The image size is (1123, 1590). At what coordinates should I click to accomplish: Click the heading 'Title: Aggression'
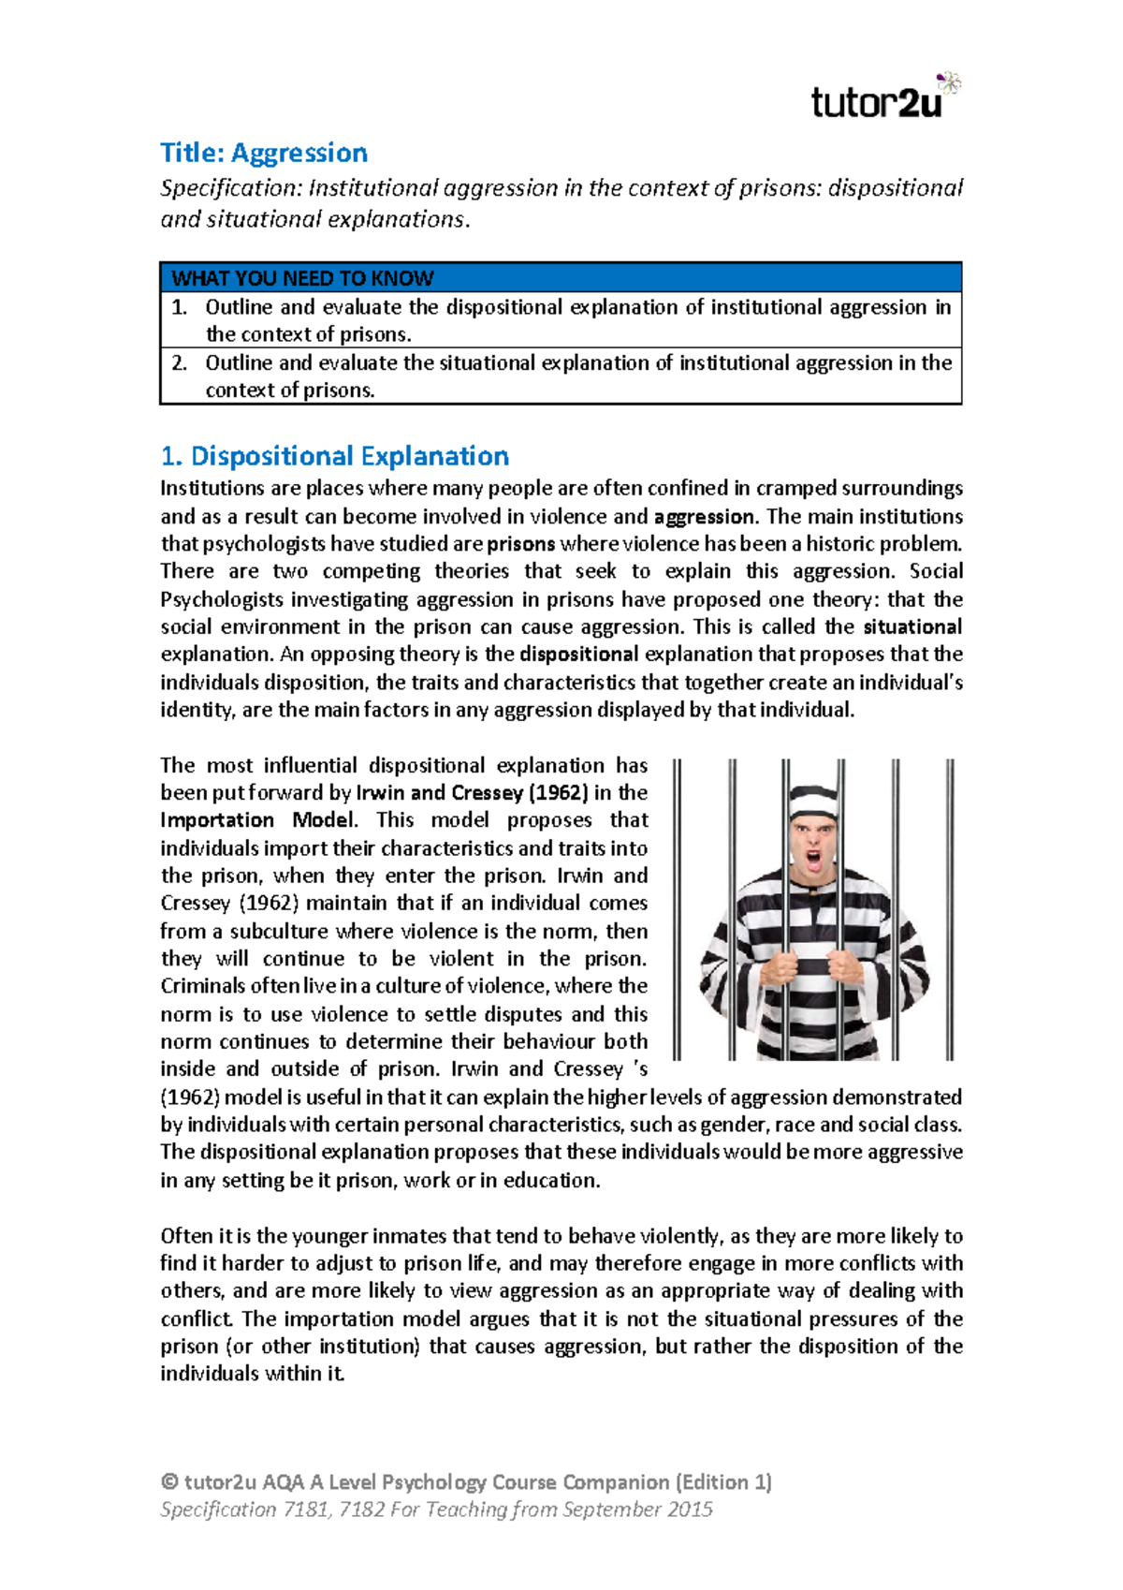(263, 153)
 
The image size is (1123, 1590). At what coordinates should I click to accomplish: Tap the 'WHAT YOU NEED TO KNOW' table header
(302, 278)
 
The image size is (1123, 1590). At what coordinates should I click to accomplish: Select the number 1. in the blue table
(180, 307)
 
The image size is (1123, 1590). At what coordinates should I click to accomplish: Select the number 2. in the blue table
(180, 363)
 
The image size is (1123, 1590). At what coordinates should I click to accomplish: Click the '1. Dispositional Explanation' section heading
(334, 456)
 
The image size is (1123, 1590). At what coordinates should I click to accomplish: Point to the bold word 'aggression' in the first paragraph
(704, 517)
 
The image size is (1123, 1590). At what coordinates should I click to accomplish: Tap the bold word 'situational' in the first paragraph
(912, 627)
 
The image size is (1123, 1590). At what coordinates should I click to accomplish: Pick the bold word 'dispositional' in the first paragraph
(579, 655)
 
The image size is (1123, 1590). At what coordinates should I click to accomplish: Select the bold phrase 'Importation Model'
(257, 820)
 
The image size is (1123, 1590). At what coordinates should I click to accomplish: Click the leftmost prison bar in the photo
(678, 908)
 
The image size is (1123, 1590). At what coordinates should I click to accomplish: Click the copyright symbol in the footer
(169, 1482)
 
